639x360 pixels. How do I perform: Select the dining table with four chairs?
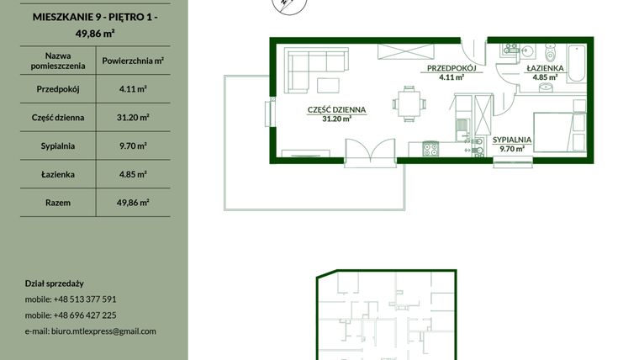click(x=408, y=103)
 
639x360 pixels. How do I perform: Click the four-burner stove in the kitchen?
click(x=430, y=149)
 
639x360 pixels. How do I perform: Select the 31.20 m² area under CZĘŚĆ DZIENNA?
click(x=336, y=119)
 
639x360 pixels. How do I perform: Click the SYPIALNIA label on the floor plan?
click(x=511, y=140)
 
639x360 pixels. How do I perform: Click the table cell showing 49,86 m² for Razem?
click(x=133, y=203)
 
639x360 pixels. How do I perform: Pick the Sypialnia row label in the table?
click(x=57, y=146)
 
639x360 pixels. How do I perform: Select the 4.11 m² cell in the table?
click(x=133, y=88)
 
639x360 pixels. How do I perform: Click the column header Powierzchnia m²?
click(x=133, y=61)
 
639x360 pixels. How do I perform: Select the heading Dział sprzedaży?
click(x=55, y=283)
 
